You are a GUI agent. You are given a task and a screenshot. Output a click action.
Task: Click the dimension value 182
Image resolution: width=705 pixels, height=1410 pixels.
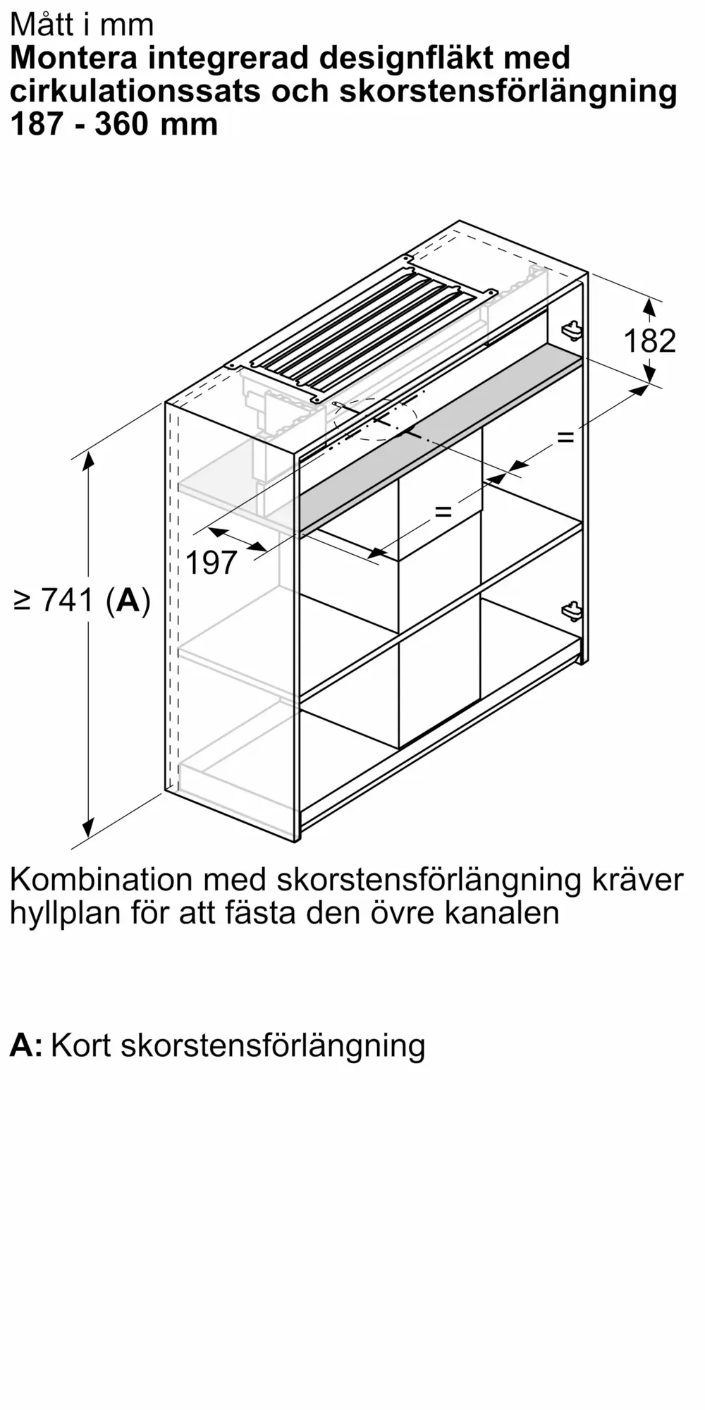coord(649,341)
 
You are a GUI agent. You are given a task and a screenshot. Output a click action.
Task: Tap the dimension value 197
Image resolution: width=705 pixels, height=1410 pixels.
coord(211,563)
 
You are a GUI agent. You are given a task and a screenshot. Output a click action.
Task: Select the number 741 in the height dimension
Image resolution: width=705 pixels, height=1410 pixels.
coord(68,600)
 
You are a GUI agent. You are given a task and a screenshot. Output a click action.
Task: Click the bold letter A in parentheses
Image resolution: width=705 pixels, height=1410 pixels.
coord(128,600)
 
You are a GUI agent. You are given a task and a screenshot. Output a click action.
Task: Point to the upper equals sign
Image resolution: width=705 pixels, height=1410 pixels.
coord(565,437)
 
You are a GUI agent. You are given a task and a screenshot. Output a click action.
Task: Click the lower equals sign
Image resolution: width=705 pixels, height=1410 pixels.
coord(443,510)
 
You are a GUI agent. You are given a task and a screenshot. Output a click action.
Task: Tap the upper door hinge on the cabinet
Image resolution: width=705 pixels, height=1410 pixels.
coord(571,329)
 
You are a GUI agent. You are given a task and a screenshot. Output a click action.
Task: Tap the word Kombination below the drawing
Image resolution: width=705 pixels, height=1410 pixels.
coord(102,880)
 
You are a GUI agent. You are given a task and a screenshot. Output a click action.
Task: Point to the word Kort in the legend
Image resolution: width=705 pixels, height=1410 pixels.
coord(81,1045)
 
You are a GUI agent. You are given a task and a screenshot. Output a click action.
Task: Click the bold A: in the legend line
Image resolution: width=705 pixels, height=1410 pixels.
coord(26,1045)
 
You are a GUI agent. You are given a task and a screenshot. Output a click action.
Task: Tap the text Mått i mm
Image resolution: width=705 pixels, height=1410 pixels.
coord(82,25)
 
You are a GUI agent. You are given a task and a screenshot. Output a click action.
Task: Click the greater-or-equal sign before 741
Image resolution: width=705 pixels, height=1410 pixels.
coord(23,601)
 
